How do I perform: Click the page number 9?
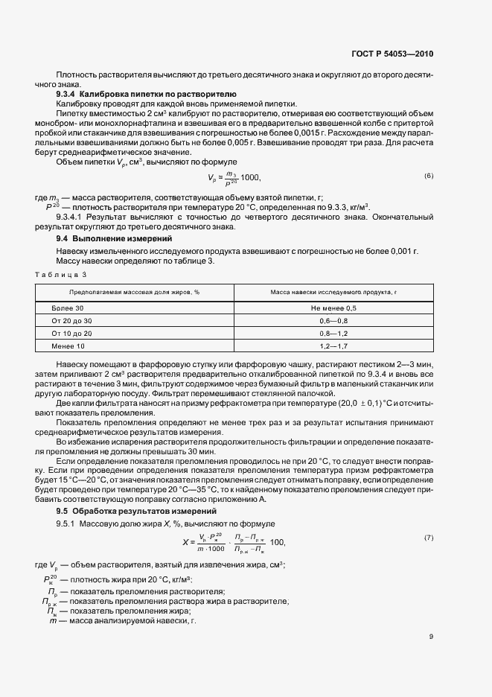pyautogui.click(x=430, y=636)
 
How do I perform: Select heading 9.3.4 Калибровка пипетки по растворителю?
pyautogui.click(x=147, y=95)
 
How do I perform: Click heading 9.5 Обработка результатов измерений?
pyautogui.click(x=133, y=511)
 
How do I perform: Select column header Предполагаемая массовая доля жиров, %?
pyautogui.click(x=135, y=292)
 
